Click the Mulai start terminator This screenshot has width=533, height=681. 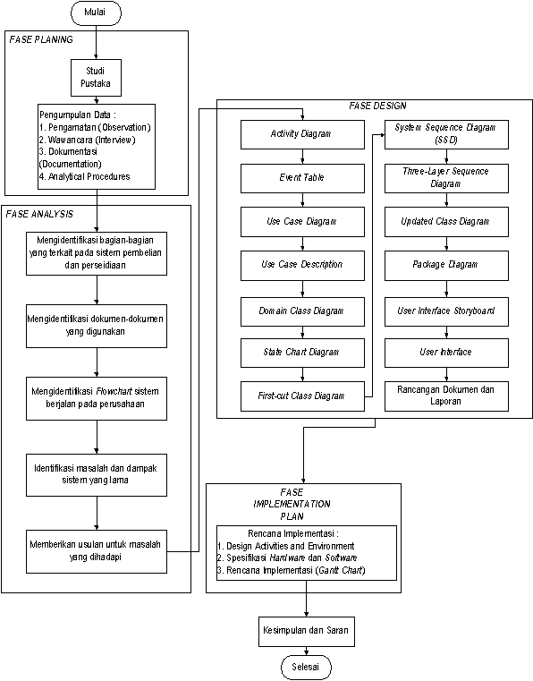[96, 13]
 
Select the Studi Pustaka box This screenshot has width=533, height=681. [96, 77]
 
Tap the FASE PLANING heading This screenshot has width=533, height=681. [41, 39]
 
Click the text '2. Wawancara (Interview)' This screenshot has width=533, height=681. [88, 140]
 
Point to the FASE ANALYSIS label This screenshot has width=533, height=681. [39, 214]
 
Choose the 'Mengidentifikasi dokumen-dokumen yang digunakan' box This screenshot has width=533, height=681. [97, 326]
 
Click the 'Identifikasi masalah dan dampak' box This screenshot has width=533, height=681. [97, 474]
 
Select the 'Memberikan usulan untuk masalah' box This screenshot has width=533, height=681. [97, 551]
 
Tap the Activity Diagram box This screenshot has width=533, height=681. [302, 134]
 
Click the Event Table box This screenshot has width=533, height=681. [302, 178]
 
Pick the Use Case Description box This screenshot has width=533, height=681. [302, 266]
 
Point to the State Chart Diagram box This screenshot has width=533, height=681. [302, 353]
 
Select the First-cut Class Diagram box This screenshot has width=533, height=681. [302, 396]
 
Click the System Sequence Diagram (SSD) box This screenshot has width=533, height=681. [446, 134]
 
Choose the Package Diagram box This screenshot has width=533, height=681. [446, 266]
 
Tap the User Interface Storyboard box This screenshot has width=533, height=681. [446, 311]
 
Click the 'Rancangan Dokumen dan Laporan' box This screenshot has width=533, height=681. [446, 396]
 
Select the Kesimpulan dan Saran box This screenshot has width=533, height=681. [307, 631]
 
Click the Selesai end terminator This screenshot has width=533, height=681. [306, 667]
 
